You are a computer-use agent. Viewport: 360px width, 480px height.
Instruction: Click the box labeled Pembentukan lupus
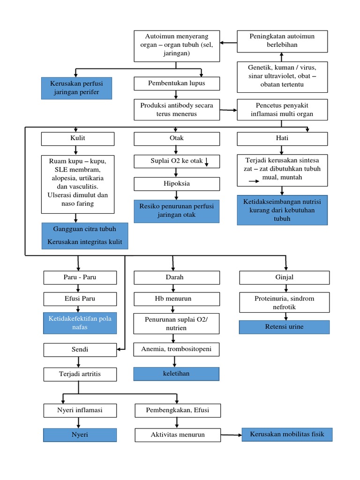click(177, 83)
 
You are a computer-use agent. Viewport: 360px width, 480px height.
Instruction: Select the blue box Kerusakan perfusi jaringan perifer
click(76, 88)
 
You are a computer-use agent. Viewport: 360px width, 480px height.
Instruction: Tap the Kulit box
click(78, 139)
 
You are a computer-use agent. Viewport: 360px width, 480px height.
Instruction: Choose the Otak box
click(177, 139)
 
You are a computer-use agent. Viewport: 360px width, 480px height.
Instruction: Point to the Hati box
click(282, 139)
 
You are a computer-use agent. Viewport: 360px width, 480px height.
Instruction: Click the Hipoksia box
click(177, 184)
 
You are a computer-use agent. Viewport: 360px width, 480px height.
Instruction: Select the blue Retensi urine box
click(284, 327)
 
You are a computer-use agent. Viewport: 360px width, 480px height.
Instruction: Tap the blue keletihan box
click(177, 374)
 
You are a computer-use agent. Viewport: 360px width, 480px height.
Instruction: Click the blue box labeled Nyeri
click(80, 435)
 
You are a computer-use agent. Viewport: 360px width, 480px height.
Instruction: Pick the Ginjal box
click(285, 277)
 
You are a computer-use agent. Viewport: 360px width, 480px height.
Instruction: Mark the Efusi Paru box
click(80, 299)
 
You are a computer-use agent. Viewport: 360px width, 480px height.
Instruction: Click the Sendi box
click(80, 350)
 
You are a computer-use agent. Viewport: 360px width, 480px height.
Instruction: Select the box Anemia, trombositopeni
click(177, 349)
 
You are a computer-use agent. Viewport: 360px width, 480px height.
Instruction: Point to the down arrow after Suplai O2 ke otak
click(207, 162)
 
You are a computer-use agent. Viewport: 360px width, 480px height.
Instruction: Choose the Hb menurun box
click(177, 299)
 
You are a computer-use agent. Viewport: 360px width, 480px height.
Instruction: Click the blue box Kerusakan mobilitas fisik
click(287, 434)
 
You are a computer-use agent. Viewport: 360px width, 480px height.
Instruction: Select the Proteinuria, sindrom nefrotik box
click(285, 303)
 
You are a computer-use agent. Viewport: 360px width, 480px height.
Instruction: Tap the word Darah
click(174, 277)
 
